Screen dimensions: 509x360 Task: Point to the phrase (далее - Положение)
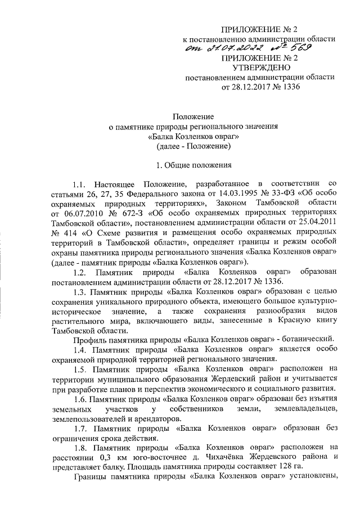click(x=193, y=147)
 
